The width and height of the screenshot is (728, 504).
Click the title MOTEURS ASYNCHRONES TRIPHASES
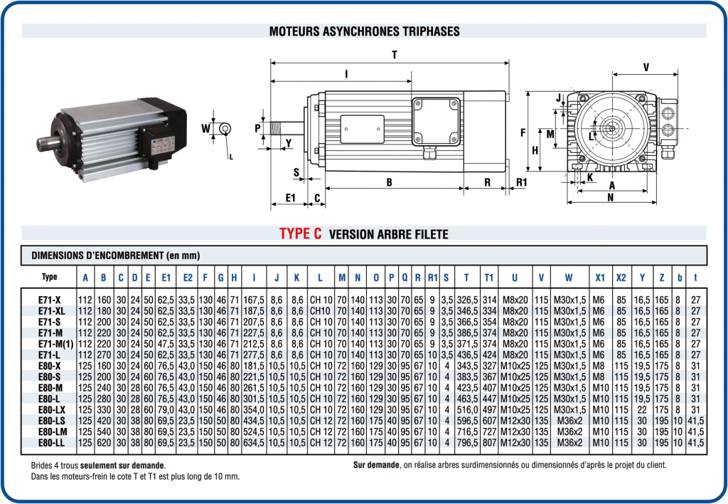364,31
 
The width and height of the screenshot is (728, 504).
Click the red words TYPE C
301,233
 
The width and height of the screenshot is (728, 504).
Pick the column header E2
188,277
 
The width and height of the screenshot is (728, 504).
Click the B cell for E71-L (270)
104,355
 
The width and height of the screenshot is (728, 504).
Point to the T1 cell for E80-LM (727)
489,431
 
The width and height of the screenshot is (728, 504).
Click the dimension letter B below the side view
390,182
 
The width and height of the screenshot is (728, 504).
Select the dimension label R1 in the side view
521,182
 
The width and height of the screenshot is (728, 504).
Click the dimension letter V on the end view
646,67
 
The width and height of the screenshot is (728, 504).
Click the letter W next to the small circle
205,129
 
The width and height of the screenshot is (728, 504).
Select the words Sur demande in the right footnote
376,465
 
